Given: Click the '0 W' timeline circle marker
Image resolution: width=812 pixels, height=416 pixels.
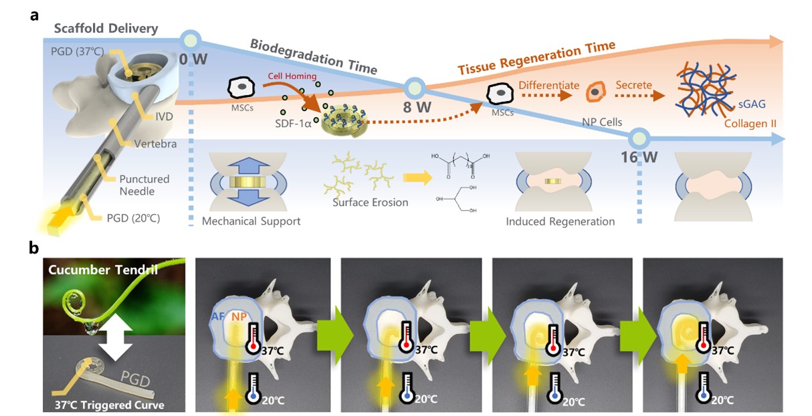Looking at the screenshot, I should (191, 39).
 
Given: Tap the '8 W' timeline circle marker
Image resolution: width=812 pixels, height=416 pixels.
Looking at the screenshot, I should (414, 86).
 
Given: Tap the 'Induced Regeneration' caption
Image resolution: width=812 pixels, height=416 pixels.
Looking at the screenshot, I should (561, 221).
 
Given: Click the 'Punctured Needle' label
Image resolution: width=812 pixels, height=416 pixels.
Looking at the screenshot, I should (144, 185).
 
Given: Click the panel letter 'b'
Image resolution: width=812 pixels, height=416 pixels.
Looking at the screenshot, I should (33, 247).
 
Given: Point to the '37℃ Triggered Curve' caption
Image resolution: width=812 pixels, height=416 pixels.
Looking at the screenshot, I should (105, 403).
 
